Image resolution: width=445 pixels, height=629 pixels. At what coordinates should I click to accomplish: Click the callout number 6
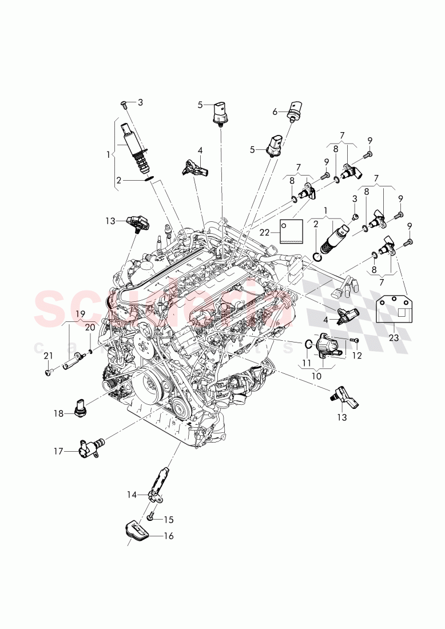(275, 112)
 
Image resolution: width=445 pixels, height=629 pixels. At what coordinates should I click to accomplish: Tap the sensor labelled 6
(295, 109)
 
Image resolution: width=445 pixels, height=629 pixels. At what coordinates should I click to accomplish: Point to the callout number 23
(394, 338)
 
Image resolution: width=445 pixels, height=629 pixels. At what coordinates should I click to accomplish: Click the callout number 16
(169, 536)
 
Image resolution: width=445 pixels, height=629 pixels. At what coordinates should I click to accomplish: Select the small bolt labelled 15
(150, 517)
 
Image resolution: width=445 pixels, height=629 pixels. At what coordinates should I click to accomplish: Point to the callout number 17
(58, 451)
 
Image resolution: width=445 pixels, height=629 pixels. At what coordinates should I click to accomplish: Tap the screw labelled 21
(47, 372)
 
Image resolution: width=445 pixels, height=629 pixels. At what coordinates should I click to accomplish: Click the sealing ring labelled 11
(307, 344)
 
